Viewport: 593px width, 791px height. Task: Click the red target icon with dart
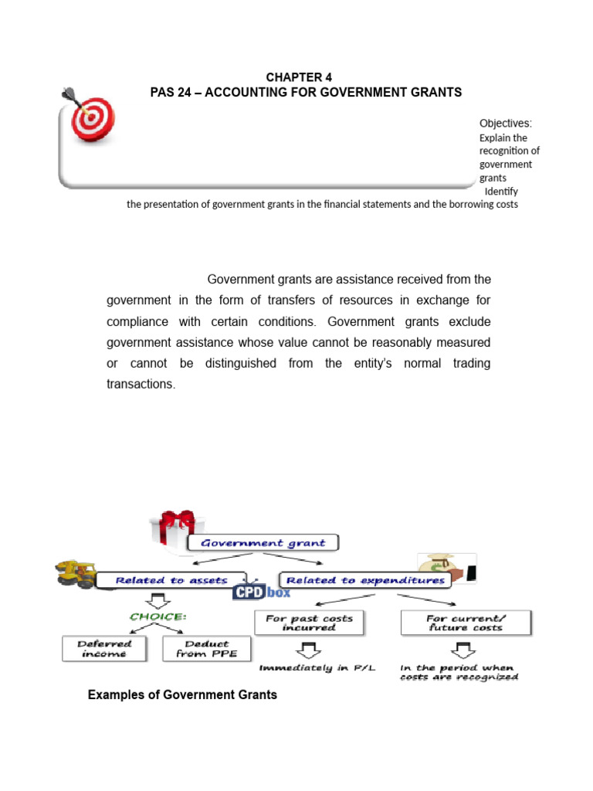click(x=92, y=118)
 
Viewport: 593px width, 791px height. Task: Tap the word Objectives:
click(x=506, y=124)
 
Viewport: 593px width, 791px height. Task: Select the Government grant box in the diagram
click(x=263, y=542)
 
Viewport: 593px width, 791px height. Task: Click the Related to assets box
click(x=171, y=580)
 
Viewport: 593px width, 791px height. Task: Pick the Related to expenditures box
click(x=365, y=580)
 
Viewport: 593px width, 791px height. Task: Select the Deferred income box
click(x=104, y=648)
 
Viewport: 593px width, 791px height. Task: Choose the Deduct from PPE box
click(x=207, y=648)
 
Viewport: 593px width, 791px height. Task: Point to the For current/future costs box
click(x=465, y=623)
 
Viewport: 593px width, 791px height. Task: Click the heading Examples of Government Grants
click(x=182, y=695)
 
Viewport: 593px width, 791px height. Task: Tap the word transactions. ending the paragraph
click(x=141, y=383)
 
